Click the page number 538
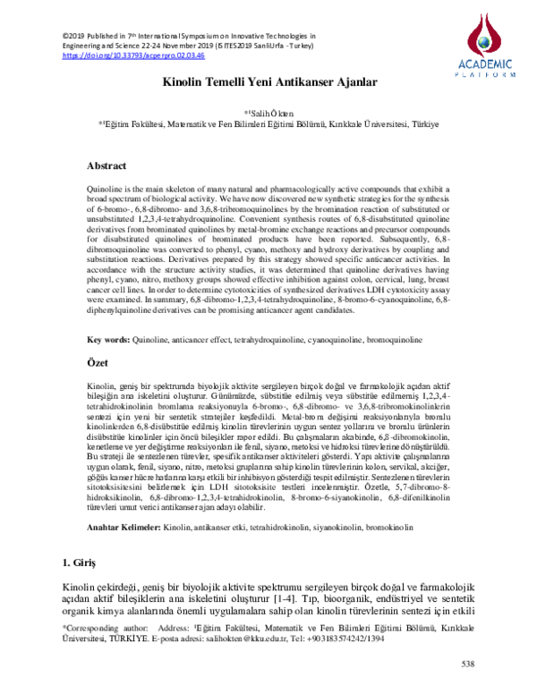click(x=466, y=664)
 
